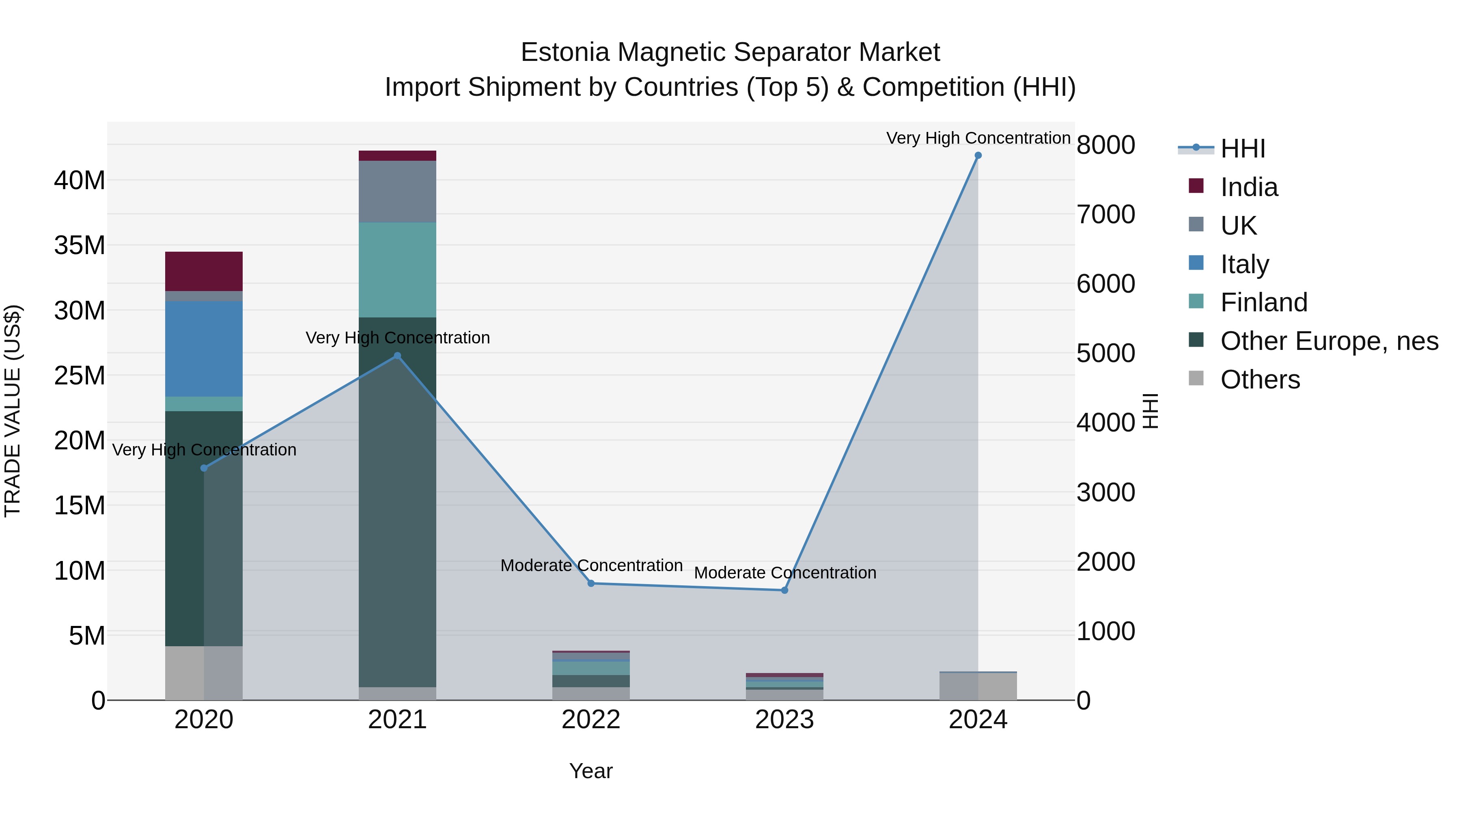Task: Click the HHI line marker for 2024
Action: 978,155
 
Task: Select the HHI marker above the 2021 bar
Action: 398,356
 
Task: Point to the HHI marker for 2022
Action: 591,583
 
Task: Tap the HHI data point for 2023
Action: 784,591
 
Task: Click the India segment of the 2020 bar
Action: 204,271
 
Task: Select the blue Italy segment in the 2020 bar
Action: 204,348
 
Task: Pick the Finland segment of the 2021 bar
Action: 398,270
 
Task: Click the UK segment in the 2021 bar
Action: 398,191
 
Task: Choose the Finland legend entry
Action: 1264,302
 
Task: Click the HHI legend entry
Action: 1242,149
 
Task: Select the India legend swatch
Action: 1196,186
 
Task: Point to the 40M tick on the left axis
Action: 80,180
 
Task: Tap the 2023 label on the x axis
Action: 784,720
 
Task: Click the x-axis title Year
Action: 591,771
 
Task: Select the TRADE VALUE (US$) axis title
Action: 13,411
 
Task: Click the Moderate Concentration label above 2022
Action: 591,565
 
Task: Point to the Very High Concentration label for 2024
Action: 978,138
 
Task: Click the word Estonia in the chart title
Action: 565,52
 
